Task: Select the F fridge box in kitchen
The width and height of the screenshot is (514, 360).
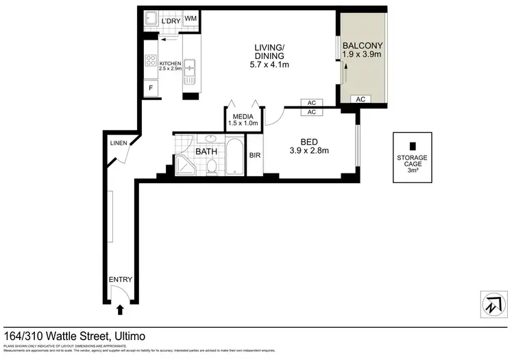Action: (x=151, y=88)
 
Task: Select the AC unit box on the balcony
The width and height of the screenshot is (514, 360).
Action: (x=360, y=99)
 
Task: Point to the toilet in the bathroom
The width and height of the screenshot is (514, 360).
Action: (x=212, y=165)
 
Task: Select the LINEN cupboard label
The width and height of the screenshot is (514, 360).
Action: (x=119, y=143)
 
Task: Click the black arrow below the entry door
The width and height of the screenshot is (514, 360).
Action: (x=121, y=310)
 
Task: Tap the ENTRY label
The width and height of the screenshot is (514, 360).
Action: (x=120, y=279)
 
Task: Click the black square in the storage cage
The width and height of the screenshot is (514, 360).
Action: (x=412, y=146)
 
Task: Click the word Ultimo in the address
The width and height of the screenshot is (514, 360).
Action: (x=127, y=336)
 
